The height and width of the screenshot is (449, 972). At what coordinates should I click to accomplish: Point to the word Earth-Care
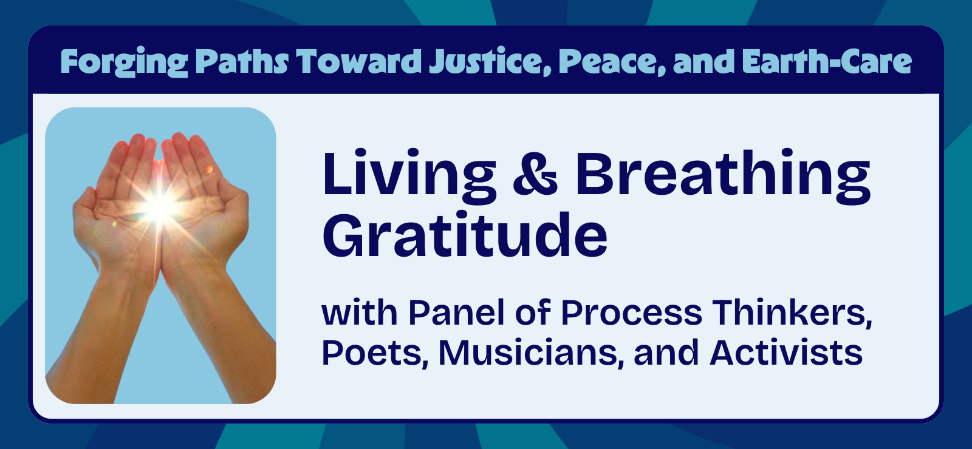point(827,62)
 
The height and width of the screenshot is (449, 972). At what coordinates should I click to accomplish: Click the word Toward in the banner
point(358,62)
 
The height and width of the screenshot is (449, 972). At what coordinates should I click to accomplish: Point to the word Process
point(631,313)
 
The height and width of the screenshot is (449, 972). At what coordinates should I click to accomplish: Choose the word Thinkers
point(792,313)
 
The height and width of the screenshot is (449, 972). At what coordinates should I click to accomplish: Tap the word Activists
point(786,353)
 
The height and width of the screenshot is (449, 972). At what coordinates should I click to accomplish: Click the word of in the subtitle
point(533,313)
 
